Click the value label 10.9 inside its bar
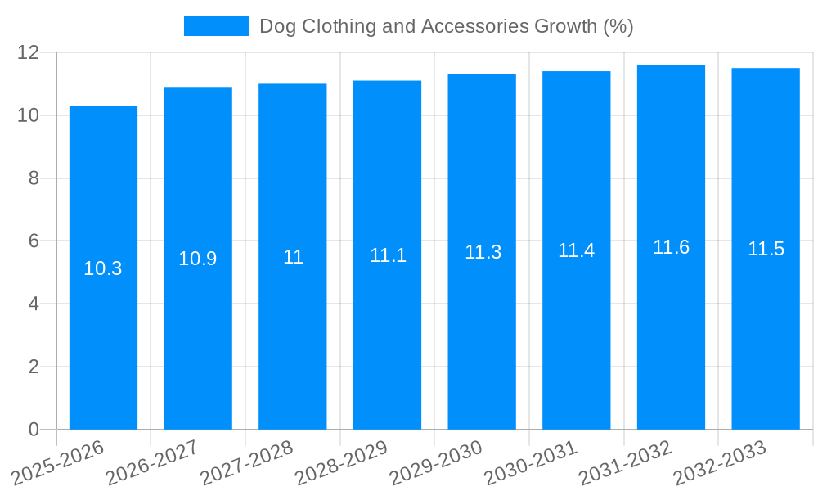click(x=198, y=259)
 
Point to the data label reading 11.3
click(x=483, y=252)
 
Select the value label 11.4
click(x=576, y=250)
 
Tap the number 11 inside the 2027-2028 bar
click(x=293, y=257)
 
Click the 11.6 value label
click(x=671, y=247)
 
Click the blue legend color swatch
click(x=216, y=26)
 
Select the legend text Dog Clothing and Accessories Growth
click(x=446, y=26)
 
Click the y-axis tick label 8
click(x=34, y=178)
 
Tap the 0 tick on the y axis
click(x=34, y=430)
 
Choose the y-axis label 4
click(x=34, y=304)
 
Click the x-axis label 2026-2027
click(x=151, y=463)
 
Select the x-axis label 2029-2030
click(x=435, y=463)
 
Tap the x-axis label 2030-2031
click(x=530, y=463)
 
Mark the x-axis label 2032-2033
click(x=719, y=463)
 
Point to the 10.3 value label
click(x=103, y=268)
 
